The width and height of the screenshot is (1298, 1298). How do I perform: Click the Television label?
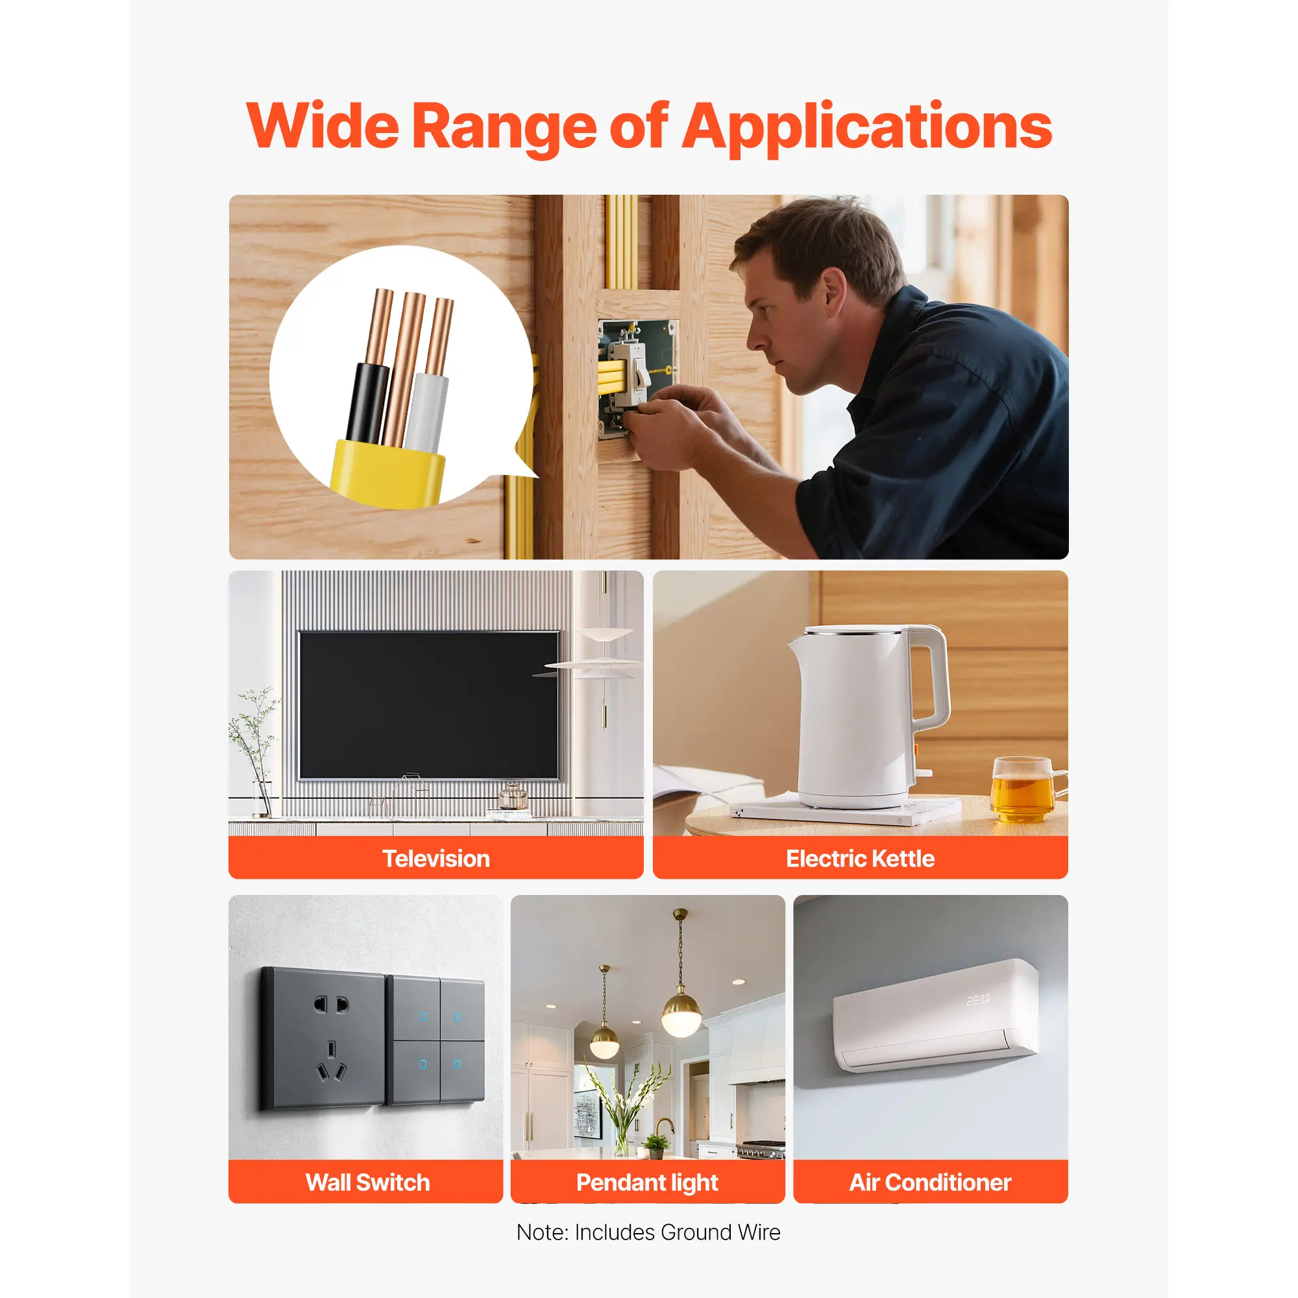point(436,859)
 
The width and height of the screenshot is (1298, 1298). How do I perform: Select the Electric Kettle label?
point(860,859)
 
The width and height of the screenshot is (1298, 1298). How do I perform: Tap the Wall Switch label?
point(367,1182)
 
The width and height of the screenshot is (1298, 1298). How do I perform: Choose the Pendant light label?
point(647,1183)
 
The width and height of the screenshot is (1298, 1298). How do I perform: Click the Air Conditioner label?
point(931,1182)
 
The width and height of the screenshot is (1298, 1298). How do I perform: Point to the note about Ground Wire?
point(648,1233)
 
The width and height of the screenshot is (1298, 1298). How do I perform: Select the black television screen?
point(428,705)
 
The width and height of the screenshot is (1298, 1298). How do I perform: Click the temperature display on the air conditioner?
point(977,999)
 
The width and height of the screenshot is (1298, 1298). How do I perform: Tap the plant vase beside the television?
point(262,799)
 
